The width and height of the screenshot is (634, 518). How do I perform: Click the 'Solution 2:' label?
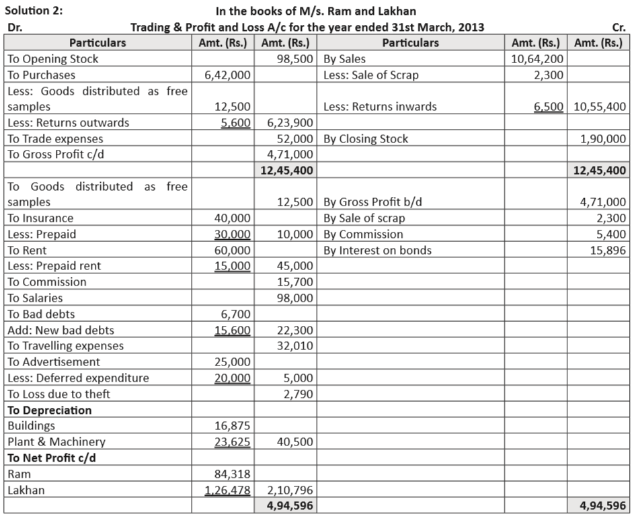click(34, 11)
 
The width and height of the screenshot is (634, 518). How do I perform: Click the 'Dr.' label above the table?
click(14, 28)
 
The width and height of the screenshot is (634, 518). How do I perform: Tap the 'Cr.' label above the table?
click(619, 28)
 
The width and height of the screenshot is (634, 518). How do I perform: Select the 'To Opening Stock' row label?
click(52, 59)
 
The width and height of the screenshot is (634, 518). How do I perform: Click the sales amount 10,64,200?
click(537, 59)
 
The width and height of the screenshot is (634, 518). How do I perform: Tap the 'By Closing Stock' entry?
click(366, 139)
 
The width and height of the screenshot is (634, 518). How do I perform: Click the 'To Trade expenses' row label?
click(55, 139)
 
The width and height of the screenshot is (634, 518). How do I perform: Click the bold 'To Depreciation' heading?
click(50, 411)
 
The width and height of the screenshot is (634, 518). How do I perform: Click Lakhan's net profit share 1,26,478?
click(227, 490)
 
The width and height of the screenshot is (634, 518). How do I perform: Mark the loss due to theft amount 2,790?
click(298, 394)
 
